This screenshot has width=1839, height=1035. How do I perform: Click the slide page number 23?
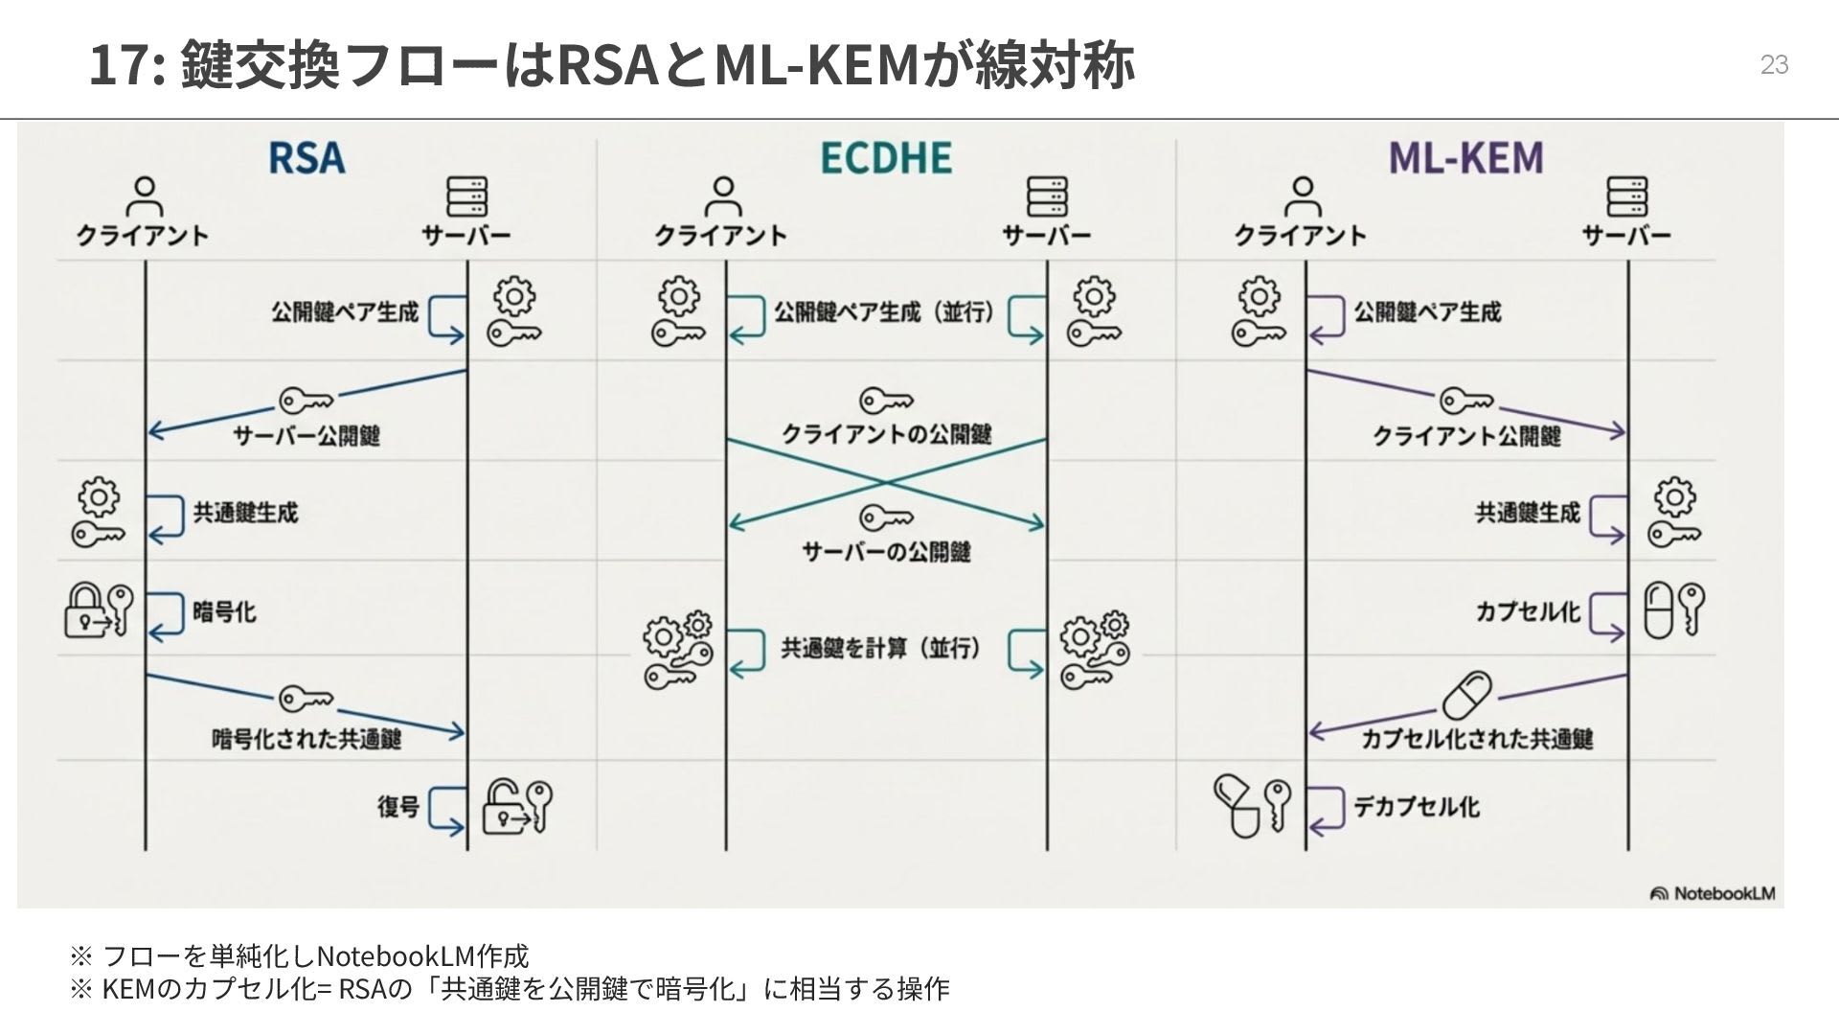pos(1774,65)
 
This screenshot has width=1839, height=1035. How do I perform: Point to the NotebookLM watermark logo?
pos(1713,893)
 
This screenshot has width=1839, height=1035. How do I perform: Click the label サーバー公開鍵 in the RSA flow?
pos(306,436)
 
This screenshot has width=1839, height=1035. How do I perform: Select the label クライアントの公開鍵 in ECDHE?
pos(886,434)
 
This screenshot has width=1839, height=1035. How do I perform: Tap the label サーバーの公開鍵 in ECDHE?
pos(886,551)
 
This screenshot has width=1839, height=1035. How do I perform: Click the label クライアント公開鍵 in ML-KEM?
pos(1466,436)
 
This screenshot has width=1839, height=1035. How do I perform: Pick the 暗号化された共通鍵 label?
pos(306,739)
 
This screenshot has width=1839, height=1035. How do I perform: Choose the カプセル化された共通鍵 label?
pos(1477,739)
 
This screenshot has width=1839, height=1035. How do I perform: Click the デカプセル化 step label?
pos(1416,806)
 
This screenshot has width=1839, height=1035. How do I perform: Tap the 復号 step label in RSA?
pos(398,806)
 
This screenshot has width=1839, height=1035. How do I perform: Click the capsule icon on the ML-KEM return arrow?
pos(1466,695)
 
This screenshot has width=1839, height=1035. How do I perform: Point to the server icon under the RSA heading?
pos(466,196)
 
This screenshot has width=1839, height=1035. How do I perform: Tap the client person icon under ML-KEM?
pos(1301,196)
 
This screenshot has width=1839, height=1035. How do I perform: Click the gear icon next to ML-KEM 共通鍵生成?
pos(1673,496)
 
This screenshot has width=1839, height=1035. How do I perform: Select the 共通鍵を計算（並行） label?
pos(881,649)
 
